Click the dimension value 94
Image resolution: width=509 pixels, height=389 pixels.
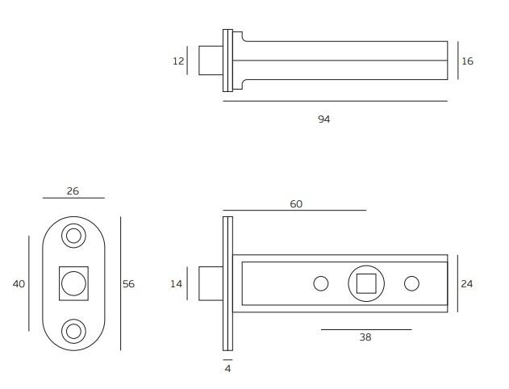[x=324, y=119]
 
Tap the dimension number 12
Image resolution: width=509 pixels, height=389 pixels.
[x=178, y=61]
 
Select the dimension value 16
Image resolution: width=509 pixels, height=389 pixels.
[x=467, y=61]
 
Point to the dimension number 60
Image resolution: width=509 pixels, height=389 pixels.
[x=296, y=204]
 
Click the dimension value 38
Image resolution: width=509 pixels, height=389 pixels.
[x=365, y=337]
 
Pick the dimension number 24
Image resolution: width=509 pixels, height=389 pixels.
[x=467, y=284]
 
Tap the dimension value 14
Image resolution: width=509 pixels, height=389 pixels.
[x=177, y=284]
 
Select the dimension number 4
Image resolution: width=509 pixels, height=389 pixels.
[x=228, y=369]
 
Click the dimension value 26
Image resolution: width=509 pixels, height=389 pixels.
[x=73, y=191]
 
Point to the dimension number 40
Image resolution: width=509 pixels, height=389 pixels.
[x=19, y=284]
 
